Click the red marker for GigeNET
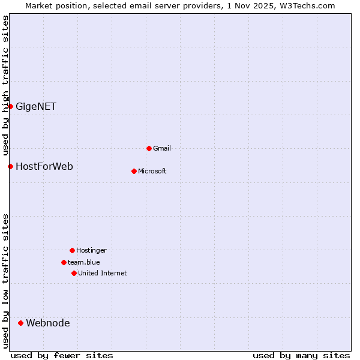10,106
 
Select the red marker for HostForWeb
10,166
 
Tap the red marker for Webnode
20,323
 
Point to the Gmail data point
149,148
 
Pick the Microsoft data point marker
134,171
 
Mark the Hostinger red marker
72,250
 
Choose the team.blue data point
64,262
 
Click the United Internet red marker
74,273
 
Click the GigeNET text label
36,106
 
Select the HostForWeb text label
44,166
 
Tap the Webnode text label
48,323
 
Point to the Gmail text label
162,148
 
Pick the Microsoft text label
152,171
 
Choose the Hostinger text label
91,250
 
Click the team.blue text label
84,262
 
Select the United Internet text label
103,273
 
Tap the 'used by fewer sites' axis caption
62,355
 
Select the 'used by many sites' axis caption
301,355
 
